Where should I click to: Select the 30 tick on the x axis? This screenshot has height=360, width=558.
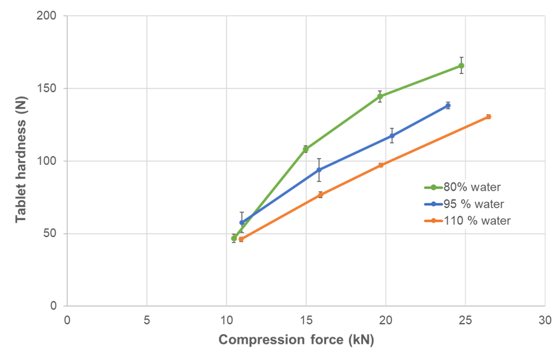pyautogui.click(x=545, y=319)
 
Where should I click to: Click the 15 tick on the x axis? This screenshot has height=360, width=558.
pyautogui.click(x=306, y=319)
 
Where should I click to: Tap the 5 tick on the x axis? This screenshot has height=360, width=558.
pyautogui.click(x=147, y=319)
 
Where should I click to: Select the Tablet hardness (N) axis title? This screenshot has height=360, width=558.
pyautogui.click(x=21, y=161)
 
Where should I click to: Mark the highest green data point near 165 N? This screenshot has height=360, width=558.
pyautogui.click(x=461, y=65)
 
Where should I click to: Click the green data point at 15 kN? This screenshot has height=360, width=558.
pyautogui.click(x=306, y=149)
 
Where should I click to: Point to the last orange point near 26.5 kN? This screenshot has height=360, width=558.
pyautogui.click(x=488, y=117)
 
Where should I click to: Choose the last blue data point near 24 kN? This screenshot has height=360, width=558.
pyautogui.click(x=448, y=105)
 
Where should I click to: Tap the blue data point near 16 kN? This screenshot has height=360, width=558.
pyautogui.click(x=319, y=169)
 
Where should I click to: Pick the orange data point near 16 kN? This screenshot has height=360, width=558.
pyautogui.click(x=320, y=194)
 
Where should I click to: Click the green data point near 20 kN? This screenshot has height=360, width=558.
pyautogui.click(x=380, y=97)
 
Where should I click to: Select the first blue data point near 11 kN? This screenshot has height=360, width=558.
pyautogui.click(x=242, y=222)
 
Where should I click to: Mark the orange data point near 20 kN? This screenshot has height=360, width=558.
pyautogui.click(x=381, y=165)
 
